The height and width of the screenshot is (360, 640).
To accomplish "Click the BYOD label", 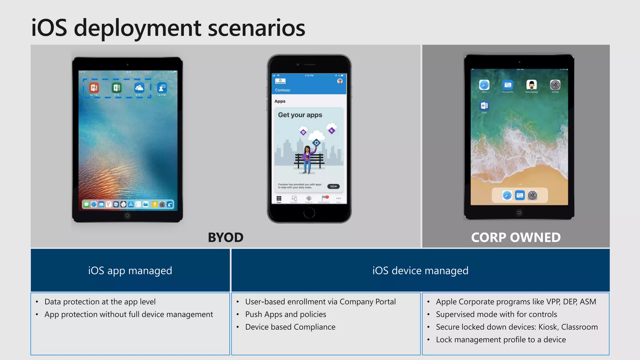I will (x=226, y=237).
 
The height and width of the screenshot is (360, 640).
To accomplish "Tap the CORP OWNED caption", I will (x=516, y=237).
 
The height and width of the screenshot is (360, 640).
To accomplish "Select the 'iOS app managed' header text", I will (x=130, y=271).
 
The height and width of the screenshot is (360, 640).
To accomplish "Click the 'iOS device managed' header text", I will (x=420, y=271).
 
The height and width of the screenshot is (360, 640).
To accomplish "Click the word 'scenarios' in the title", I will (x=256, y=28).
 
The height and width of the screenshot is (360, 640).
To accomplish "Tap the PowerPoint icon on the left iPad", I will (x=94, y=88).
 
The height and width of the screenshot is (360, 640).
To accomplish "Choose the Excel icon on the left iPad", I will (x=117, y=88).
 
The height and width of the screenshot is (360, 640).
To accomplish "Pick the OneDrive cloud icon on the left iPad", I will (x=139, y=88).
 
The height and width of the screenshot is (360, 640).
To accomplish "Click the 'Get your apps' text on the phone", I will (x=300, y=115).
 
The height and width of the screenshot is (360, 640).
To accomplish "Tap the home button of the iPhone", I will (x=309, y=213).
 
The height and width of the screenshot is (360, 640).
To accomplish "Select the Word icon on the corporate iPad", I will (x=484, y=106).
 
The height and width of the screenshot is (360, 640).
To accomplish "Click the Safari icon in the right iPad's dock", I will (x=507, y=196).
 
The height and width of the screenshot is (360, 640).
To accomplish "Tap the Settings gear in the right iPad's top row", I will (x=555, y=85).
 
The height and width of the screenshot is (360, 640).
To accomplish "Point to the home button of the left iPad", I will (x=127, y=215).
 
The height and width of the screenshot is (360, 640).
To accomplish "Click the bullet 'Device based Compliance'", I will (x=290, y=327).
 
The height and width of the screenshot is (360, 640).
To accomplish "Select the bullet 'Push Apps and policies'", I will (x=286, y=314).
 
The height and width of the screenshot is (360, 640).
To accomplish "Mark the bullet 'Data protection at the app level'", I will (x=100, y=302).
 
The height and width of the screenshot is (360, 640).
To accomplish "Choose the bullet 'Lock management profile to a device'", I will (x=501, y=340).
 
